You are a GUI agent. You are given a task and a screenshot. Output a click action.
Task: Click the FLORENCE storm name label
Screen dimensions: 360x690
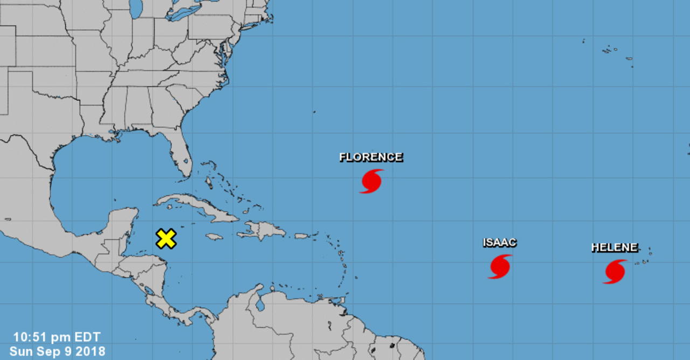(371, 157)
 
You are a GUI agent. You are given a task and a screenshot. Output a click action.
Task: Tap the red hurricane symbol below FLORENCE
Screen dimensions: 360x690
(371, 181)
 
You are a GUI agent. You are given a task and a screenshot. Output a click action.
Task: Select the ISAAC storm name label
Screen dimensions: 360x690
(499, 243)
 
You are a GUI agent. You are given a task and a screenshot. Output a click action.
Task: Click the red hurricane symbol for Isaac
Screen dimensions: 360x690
(500, 266)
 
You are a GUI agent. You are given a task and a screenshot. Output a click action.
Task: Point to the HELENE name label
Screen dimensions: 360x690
(615, 248)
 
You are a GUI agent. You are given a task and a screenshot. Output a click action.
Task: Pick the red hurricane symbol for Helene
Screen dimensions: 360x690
(615, 272)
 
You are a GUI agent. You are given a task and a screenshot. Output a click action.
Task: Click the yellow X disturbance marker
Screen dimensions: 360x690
(166, 238)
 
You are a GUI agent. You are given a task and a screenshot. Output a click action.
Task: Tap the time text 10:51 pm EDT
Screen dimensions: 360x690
(57, 338)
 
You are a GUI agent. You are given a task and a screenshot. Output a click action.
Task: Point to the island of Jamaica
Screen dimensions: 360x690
(215, 237)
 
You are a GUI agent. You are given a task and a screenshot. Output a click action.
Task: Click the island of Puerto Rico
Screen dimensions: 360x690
(301, 236)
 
